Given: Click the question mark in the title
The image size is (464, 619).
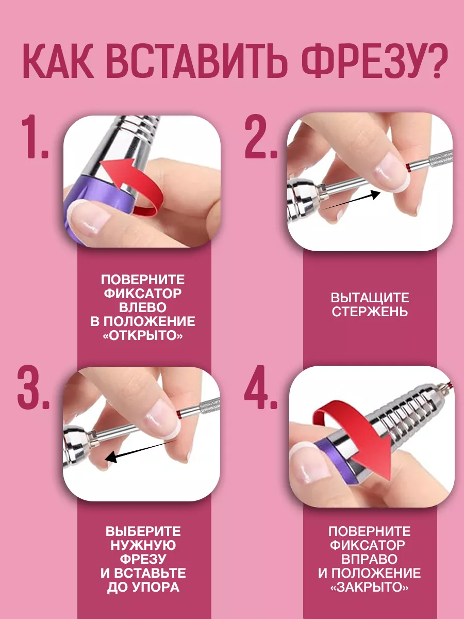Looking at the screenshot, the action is (431, 61).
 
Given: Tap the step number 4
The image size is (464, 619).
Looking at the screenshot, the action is (261, 387).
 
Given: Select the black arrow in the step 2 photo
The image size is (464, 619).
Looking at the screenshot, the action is (351, 200).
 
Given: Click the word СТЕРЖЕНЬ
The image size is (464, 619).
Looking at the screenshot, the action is (370, 312).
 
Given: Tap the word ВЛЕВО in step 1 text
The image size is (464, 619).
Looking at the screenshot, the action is (143, 307).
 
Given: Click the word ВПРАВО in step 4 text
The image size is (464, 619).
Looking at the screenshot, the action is (369, 559).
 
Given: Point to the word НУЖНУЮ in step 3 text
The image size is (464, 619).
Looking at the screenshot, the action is (143, 545).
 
